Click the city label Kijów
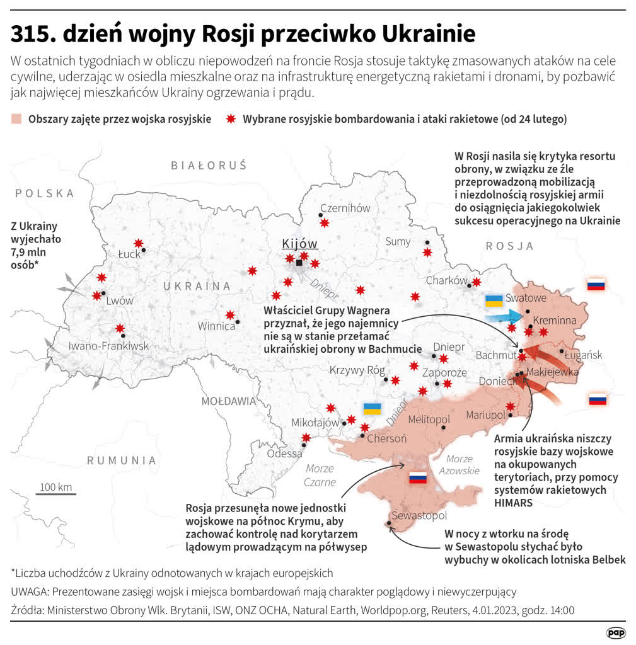click(x=299, y=244)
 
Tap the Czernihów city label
click(x=345, y=208)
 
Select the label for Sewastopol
click(x=419, y=516)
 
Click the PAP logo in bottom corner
click(x=615, y=632)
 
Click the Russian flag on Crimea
click(x=419, y=478)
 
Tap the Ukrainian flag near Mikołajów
click(x=373, y=409)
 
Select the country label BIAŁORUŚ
click(x=209, y=166)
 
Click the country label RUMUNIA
click(x=122, y=460)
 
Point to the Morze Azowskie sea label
click(x=460, y=465)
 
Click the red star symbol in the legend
click(x=231, y=119)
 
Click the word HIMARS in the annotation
click(x=514, y=503)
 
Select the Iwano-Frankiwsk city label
click(x=109, y=346)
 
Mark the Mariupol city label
click(x=485, y=415)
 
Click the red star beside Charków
click(x=477, y=282)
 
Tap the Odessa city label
click(x=284, y=454)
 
